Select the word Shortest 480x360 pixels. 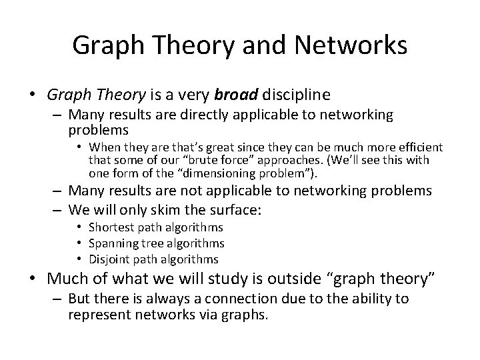pyautogui.click(x=111, y=228)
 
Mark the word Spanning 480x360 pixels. pyautogui.click(x=111, y=243)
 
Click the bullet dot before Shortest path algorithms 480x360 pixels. pyautogui.click(x=80, y=228)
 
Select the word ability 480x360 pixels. pyautogui.click(x=363, y=299)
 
